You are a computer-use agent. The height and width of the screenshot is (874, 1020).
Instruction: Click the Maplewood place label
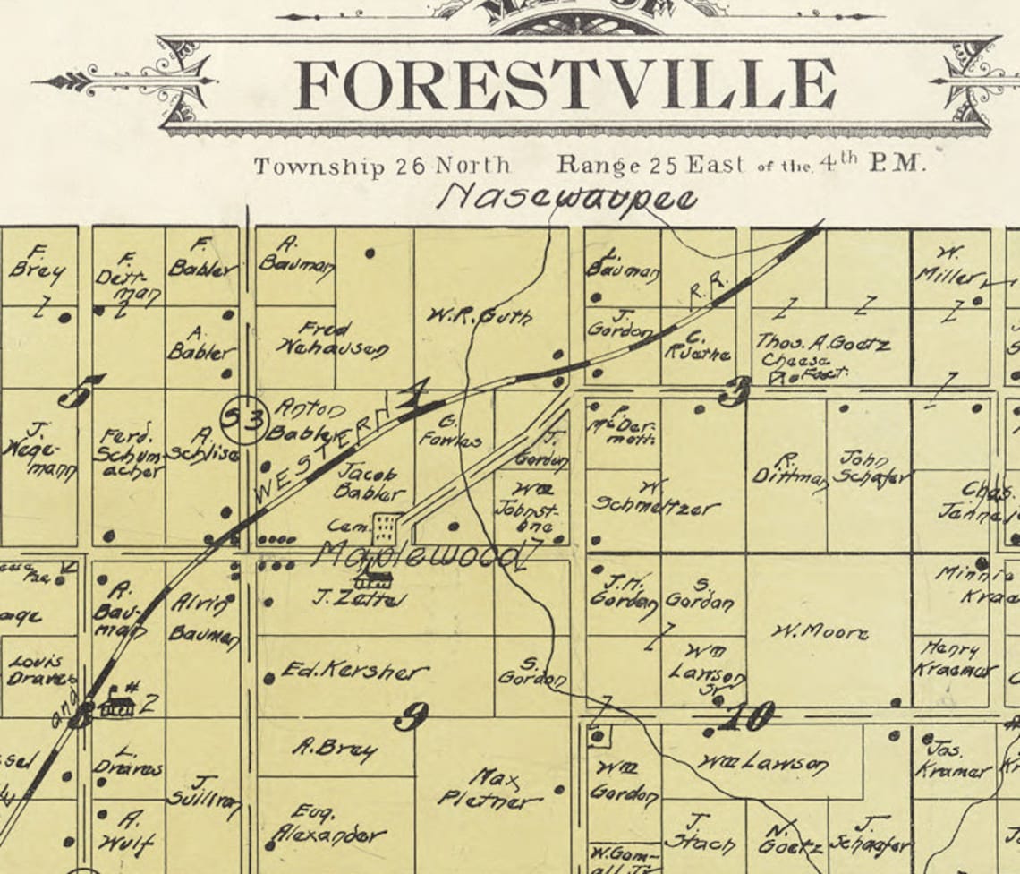417,555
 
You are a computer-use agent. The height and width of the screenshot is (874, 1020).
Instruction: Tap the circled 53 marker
242,418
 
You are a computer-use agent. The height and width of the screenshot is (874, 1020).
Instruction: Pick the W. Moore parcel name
820,632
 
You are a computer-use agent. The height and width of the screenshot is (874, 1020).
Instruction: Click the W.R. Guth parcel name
479,315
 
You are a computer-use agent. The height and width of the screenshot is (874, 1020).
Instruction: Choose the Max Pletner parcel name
491,788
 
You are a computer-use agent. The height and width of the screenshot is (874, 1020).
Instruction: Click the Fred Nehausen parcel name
330,338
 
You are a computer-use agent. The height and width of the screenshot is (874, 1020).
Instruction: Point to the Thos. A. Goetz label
823,343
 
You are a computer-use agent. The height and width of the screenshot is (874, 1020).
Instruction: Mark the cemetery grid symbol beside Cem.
386,528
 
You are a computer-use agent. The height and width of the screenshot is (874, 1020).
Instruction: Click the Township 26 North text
382,166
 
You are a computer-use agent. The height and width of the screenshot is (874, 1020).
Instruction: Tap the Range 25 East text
650,166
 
